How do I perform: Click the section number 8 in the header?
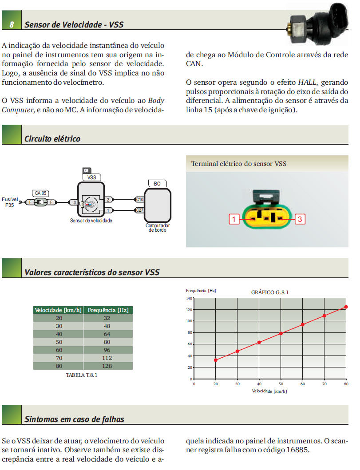pyautogui.click(x=12, y=24)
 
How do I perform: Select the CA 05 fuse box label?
pyautogui.click(x=41, y=193)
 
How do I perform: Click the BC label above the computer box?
pyautogui.click(x=157, y=183)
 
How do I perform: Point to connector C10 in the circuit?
pyautogui.click(x=139, y=199)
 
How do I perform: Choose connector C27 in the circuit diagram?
pyautogui.click(x=139, y=210)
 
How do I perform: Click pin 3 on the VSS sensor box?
pyautogui.click(x=75, y=202)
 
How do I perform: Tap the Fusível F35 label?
pyautogui.click(x=10, y=202)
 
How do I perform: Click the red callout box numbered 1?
pyautogui.click(x=234, y=218)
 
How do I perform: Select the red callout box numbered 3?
pyautogui.click(x=300, y=218)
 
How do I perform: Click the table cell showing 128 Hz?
pyautogui.click(x=107, y=366)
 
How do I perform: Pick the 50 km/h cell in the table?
pyautogui.click(x=59, y=342)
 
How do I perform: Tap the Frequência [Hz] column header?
pyautogui.click(x=108, y=310)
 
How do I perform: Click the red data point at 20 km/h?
pyautogui.click(x=216, y=360)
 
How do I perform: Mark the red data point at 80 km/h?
pyautogui.click(x=346, y=307)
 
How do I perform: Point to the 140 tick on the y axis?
pyautogui.click(x=189, y=298)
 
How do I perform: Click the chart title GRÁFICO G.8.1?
pyautogui.click(x=270, y=292)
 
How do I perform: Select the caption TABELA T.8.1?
pyautogui.click(x=81, y=375)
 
